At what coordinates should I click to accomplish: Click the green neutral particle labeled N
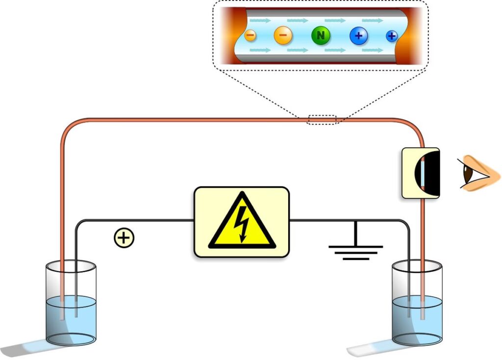320,35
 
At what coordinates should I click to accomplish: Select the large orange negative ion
283,35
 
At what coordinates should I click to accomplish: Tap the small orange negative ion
250,35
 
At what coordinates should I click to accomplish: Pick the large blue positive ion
358,35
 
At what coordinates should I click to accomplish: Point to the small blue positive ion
391,35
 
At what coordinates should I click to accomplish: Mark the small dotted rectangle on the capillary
322,119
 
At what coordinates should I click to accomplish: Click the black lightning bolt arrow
242,223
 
